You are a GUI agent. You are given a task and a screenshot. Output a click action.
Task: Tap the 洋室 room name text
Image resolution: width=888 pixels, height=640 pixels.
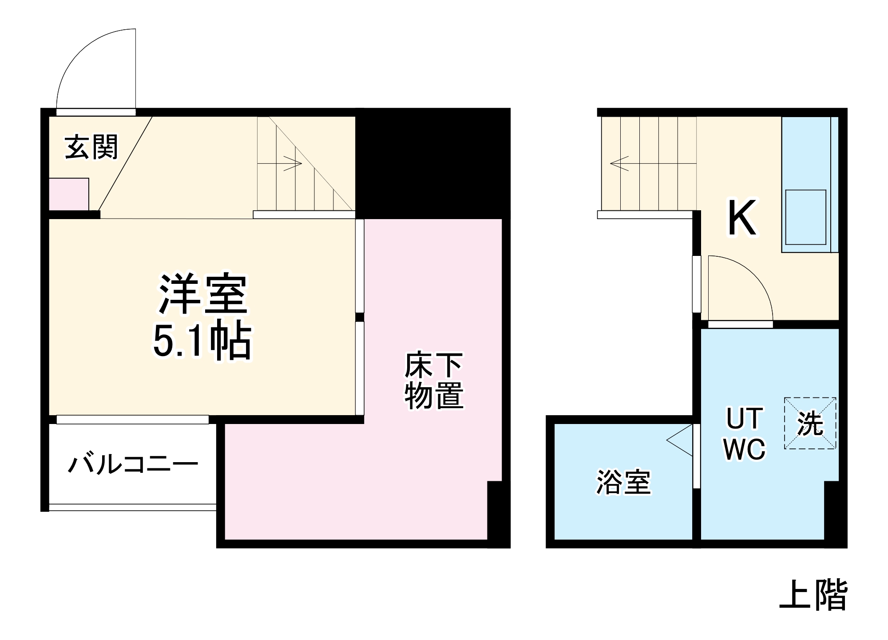[203, 294]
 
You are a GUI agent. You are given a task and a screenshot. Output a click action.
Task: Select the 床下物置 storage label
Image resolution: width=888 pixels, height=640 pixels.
[434, 380]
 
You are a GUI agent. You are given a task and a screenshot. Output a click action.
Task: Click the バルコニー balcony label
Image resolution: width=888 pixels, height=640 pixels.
[132, 464]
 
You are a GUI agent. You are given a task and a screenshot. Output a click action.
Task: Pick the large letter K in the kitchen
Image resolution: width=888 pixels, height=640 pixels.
[741, 218]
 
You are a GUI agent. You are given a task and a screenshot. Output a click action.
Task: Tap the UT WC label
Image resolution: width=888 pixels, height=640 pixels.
[745, 434]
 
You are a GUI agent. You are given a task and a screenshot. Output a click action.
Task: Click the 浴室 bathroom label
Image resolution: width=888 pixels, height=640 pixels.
[623, 482]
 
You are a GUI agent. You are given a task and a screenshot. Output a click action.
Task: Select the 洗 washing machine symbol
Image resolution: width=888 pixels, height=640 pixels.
[810, 423]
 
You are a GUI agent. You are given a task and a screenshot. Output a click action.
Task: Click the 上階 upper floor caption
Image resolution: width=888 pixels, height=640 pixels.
[813, 595]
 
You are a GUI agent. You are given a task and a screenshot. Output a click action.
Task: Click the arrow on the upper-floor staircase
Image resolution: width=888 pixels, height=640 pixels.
[619, 163]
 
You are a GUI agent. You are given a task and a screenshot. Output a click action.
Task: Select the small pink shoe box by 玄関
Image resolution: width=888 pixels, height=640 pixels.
[69, 194]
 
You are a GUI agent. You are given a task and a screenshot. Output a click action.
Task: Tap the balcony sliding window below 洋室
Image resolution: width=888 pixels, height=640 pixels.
[132, 420]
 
